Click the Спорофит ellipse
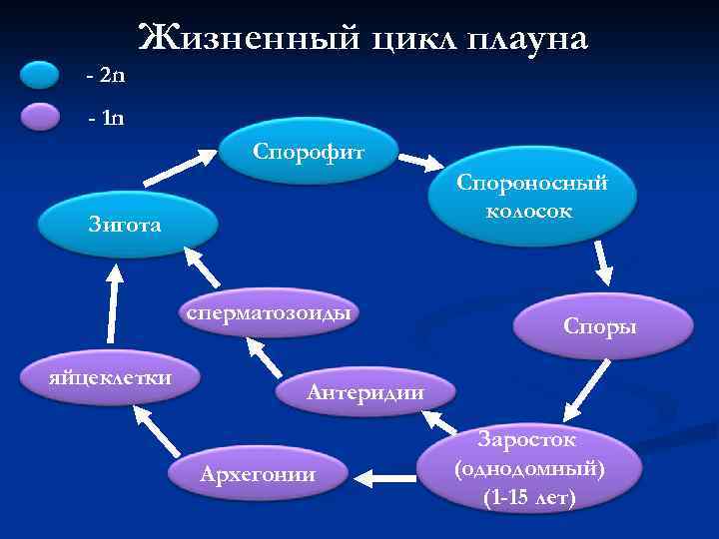[x=312, y=154]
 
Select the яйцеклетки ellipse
[x=112, y=377]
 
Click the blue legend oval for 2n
[x=41, y=76]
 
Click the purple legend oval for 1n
[x=41, y=118]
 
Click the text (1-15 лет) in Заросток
[x=528, y=497]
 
